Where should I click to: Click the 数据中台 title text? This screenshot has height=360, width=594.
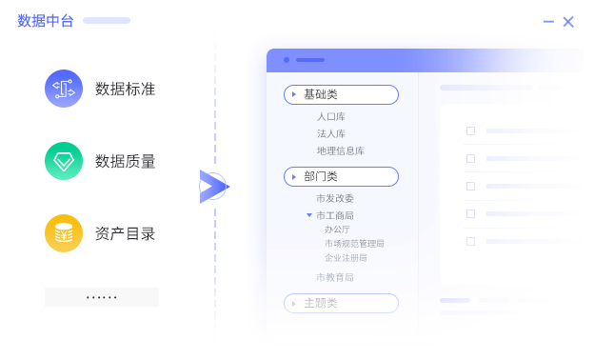pyautogui.click(x=46, y=21)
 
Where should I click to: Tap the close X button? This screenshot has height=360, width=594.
pyautogui.click(x=568, y=21)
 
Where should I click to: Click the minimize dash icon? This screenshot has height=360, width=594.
pyautogui.click(x=548, y=21)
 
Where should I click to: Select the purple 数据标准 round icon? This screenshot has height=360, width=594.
pyautogui.click(x=64, y=89)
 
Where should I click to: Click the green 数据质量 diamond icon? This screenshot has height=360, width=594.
pyautogui.click(x=64, y=161)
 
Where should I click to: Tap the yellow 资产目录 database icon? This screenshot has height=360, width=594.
pyautogui.click(x=64, y=233)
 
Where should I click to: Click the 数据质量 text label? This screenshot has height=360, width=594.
pyautogui.click(x=125, y=162)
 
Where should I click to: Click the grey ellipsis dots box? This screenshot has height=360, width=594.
pyautogui.click(x=102, y=297)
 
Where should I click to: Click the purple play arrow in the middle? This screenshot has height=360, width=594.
pyautogui.click(x=211, y=187)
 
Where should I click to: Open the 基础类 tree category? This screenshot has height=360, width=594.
pyautogui.click(x=341, y=94)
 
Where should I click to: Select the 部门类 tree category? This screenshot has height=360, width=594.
pyautogui.click(x=341, y=176)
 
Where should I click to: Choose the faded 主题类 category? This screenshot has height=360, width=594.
pyautogui.click(x=341, y=303)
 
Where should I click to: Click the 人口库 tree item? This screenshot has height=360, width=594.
pyautogui.click(x=331, y=117)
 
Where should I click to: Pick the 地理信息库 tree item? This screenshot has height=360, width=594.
pyautogui.click(x=341, y=150)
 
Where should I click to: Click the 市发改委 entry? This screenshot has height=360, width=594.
pyautogui.click(x=335, y=198)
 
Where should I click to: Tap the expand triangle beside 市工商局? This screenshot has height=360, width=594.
pyautogui.click(x=309, y=215)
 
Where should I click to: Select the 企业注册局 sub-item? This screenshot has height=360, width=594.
pyautogui.click(x=346, y=257)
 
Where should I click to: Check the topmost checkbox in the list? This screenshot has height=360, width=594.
pyautogui.click(x=470, y=130)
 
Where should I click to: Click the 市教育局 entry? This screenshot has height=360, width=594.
pyautogui.click(x=335, y=277)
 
